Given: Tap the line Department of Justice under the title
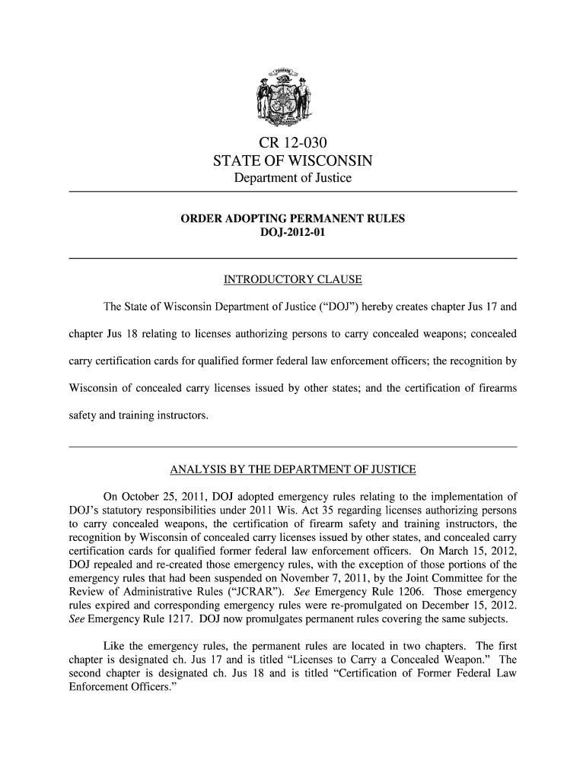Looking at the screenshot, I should click(x=293, y=179).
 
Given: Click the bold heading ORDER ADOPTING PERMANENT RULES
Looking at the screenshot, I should click(x=293, y=220).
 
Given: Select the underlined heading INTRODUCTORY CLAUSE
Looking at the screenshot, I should click(x=293, y=282).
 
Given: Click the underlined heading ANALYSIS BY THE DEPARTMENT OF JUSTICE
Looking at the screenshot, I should click(x=293, y=467).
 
